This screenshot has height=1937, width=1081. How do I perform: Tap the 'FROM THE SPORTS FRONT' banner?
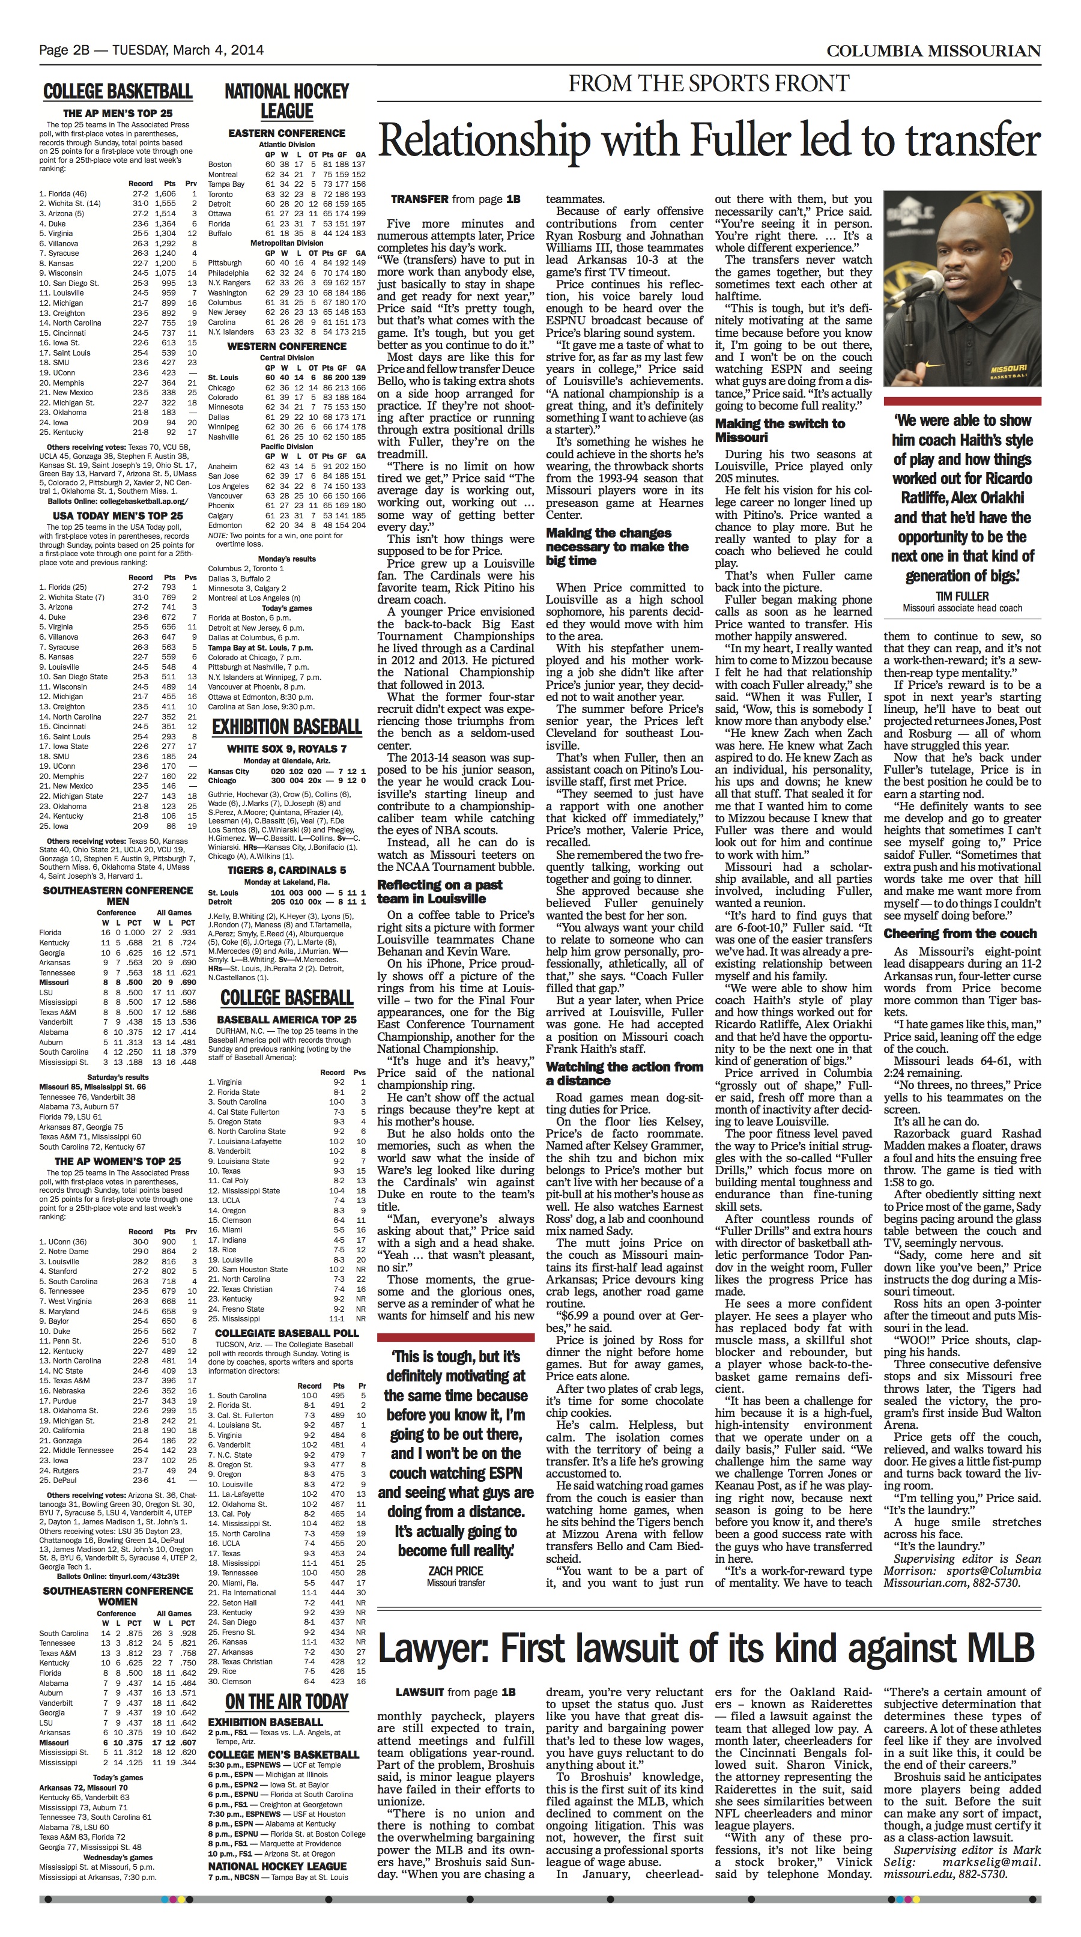[x=708, y=83]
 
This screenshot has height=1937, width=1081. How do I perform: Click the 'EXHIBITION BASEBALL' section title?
[x=286, y=726]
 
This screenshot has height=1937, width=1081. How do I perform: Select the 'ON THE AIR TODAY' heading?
[x=286, y=1701]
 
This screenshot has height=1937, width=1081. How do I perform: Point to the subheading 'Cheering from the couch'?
[x=960, y=933]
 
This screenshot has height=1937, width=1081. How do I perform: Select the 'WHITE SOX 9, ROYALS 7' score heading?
[x=286, y=749]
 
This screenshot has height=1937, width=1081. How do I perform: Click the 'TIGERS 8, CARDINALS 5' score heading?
[x=286, y=870]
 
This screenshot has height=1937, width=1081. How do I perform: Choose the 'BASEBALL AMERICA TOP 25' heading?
[x=286, y=1020]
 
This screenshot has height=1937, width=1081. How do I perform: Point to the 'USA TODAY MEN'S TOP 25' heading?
[x=118, y=516]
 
